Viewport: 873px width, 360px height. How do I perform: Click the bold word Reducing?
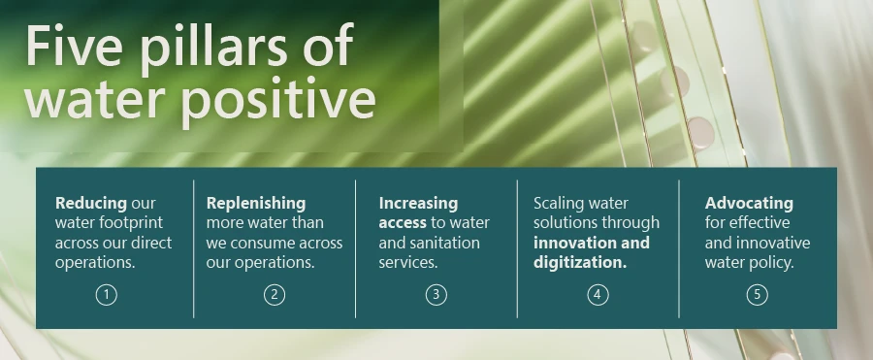(91, 204)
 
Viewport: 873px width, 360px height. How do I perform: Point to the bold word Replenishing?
(256, 204)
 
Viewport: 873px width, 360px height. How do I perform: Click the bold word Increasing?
(418, 204)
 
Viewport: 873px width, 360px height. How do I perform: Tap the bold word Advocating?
(749, 204)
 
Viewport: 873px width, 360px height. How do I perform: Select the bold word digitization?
(580, 263)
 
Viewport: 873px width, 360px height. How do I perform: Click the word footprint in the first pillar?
(130, 223)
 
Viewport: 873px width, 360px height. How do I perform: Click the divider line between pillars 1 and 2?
(194, 249)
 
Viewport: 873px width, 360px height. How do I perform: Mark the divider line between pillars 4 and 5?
(679, 249)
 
